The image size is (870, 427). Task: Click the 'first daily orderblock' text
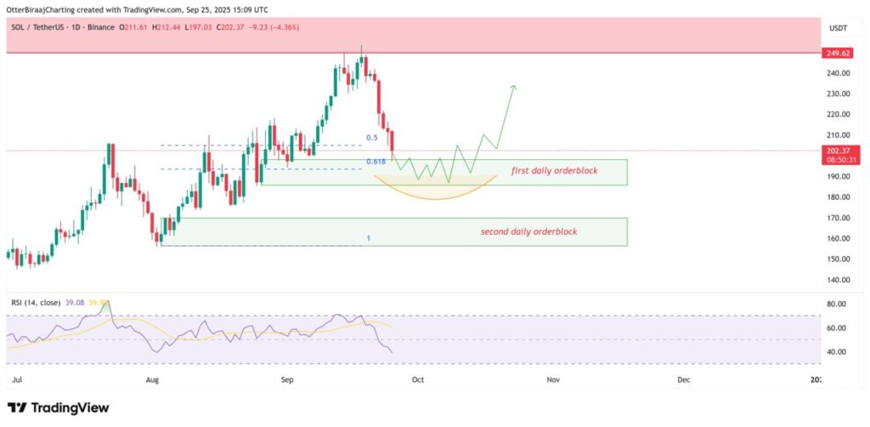(x=554, y=171)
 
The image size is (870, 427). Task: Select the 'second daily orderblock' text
(x=534, y=231)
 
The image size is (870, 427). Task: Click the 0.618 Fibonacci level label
(x=375, y=162)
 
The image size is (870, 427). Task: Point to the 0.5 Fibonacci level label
(x=371, y=138)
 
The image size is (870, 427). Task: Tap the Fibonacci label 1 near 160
(x=368, y=238)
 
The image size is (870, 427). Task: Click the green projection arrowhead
(x=513, y=87)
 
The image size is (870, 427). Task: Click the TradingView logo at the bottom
(x=59, y=407)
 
